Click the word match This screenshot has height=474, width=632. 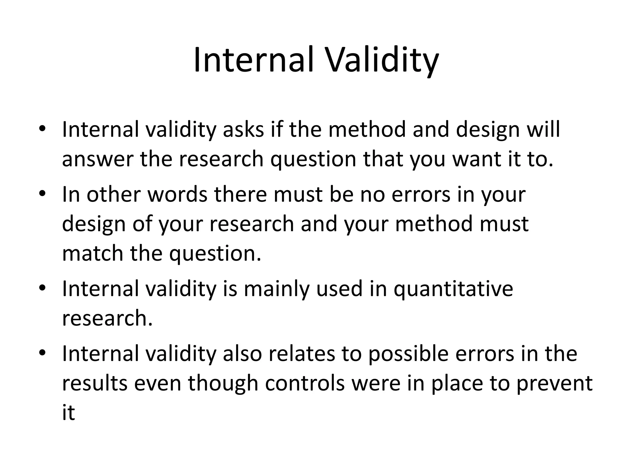click(93, 253)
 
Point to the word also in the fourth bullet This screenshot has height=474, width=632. click(242, 354)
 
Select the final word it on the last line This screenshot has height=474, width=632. click(68, 412)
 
